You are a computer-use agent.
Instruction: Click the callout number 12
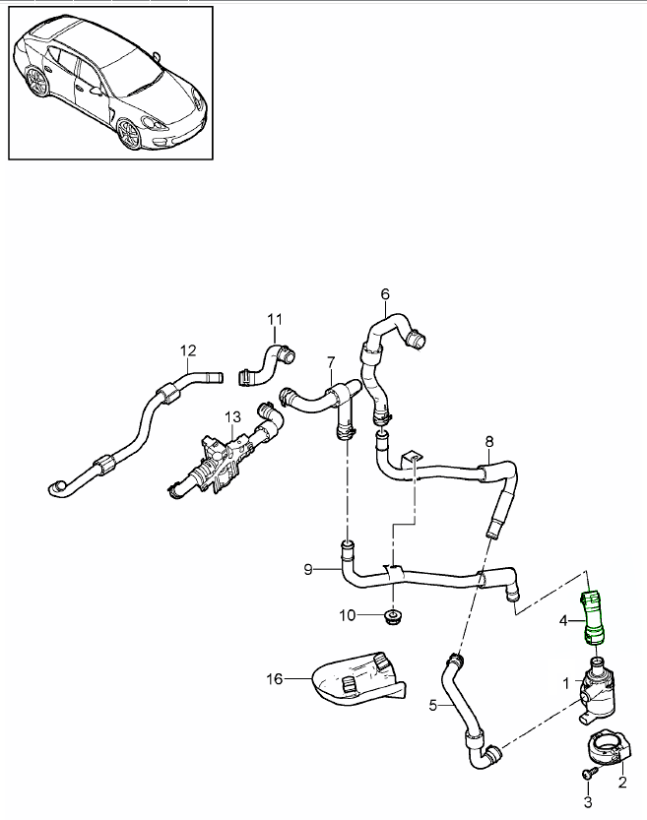tap(188, 349)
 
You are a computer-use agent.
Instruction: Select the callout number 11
tap(275, 319)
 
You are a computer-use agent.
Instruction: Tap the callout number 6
tap(385, 293)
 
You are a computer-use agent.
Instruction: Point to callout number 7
tap(331, 362)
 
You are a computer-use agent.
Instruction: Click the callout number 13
tap(231, 417)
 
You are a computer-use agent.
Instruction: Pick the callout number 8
tap(489, 441)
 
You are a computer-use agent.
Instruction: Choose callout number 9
tap(308, 569)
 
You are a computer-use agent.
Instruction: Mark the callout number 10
tap(347, 616)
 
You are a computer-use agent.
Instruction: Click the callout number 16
tap(273, 678)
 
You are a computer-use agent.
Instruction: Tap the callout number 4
tap(563, 621)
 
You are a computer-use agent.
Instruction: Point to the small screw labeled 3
tap(589, 776)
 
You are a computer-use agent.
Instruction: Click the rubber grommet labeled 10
tap(394, 618)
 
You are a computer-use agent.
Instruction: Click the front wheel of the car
tap(129, 135)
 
